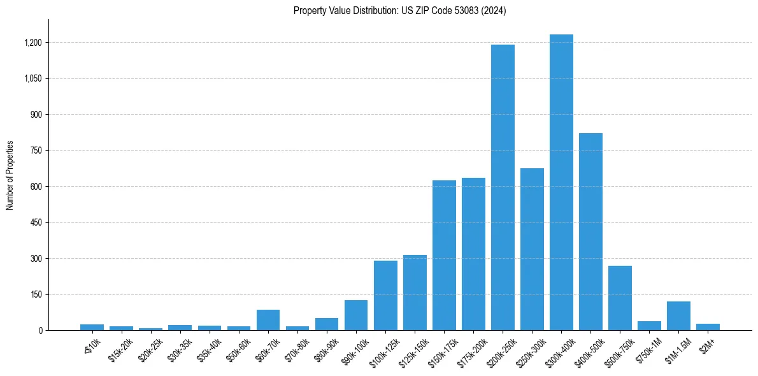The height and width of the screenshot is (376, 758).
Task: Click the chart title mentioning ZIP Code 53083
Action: pyautogui.click(x=399, y=11)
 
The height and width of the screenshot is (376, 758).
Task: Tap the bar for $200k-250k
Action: pyautogui.click(x=503, y=187)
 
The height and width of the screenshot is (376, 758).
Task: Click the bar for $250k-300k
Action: pyautogui.click(x=532, y=249)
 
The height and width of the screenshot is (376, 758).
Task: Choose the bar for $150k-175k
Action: pyautogui.click(x=444, y=255)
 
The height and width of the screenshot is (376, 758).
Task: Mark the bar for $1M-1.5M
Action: pyautogui.click(x=678, y=315)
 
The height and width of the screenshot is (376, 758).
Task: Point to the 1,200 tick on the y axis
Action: pyautogui.click(x=32, y=43)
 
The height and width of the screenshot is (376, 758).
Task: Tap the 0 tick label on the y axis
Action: pyautogui.click(x=40, y=331)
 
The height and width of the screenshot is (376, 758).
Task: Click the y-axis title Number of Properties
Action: pyautogui.click(x=10, y=175)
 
